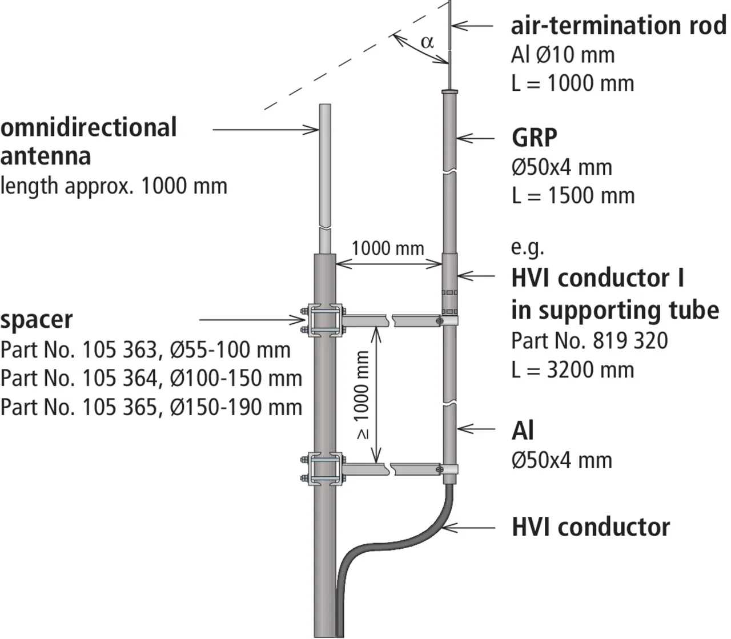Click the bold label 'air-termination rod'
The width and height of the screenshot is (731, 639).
(x=618, y=26)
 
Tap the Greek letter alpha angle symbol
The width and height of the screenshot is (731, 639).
(x=427, y=42)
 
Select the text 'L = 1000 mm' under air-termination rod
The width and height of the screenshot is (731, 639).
(x=572, y=83)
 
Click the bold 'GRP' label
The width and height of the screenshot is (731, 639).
(x=535, y=138)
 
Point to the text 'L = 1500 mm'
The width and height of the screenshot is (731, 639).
(x=573, y=196)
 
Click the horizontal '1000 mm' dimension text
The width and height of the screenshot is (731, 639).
(x=388, y=248)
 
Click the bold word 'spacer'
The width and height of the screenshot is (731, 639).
(x=37, y=319)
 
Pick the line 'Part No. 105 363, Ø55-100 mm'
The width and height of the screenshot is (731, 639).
(x=146, y=349)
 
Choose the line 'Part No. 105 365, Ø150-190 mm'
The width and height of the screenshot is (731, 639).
(x=151, y=407)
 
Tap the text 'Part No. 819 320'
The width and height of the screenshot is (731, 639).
(x=589, y=340)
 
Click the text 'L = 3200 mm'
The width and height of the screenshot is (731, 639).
(x=572, y=369)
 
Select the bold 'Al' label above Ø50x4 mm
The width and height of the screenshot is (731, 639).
(x=523, y=430)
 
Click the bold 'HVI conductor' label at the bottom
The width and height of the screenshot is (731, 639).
(x=591, y=527)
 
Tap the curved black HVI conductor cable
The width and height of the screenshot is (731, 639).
(x=400, y=536)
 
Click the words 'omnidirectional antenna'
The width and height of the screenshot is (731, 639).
(x=89, y=141)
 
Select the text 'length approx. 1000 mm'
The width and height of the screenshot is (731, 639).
(x=114, y=186)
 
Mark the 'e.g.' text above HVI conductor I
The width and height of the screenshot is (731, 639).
(x=527, y=248)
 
